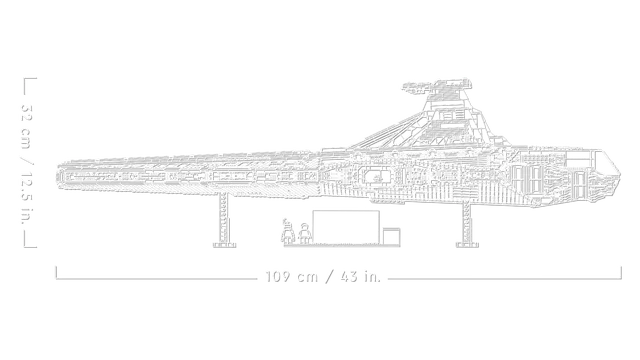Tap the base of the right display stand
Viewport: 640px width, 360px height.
pyautogui.click(x=465, y=240)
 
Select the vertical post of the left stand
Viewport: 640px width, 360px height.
pyautogui.click(x=220, y=215)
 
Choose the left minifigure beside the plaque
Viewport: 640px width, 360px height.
pyautogui.click(x=288, y=233)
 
